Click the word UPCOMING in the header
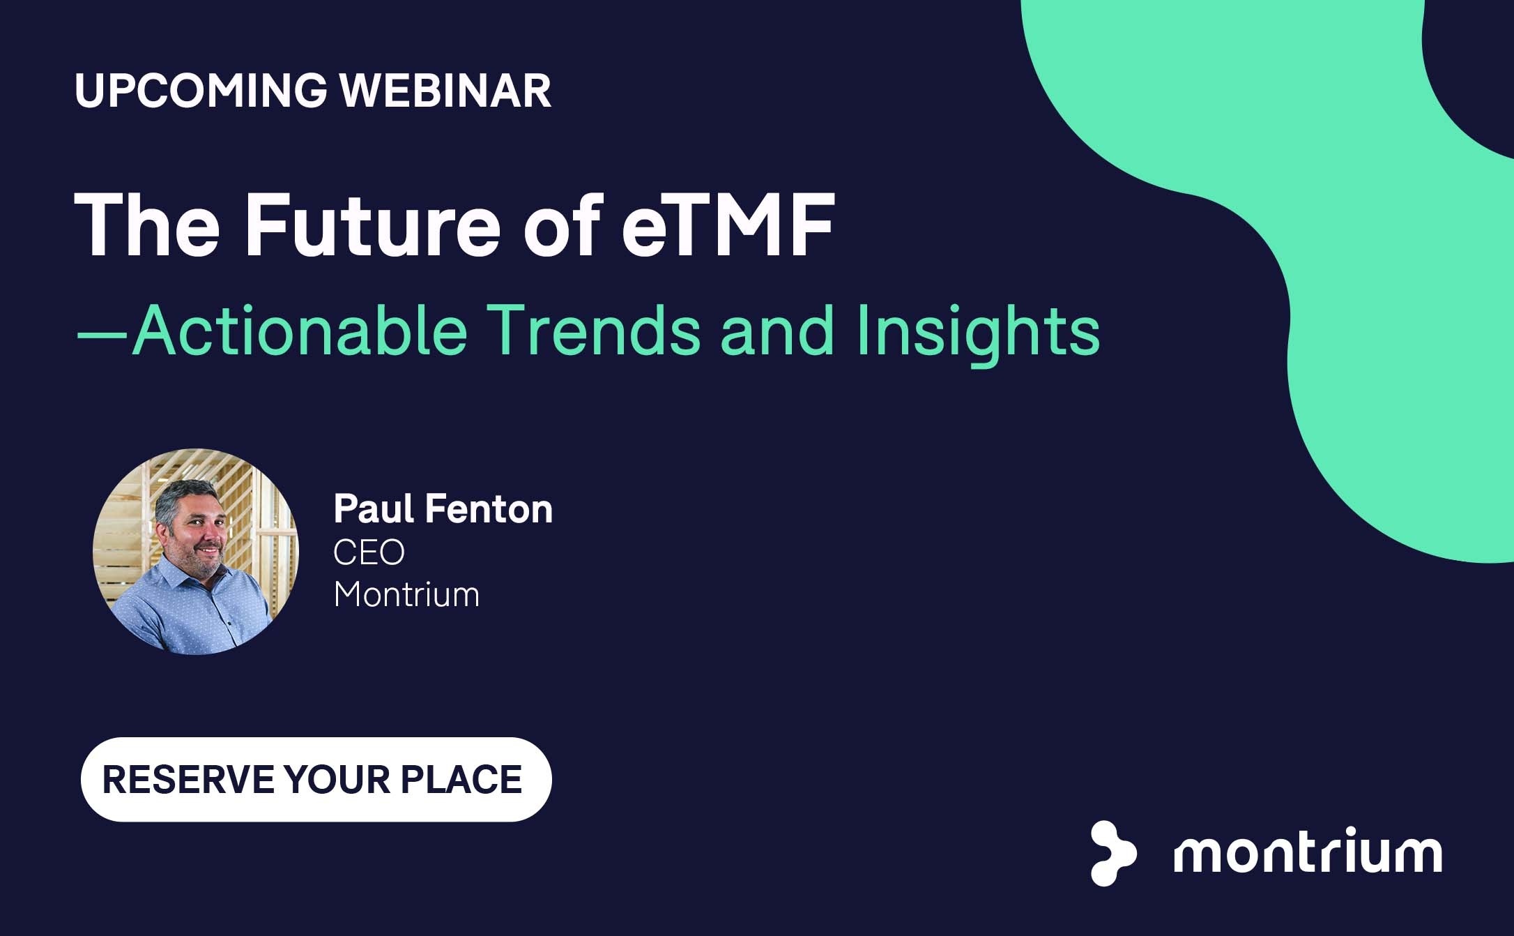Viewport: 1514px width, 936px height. pos(201,90)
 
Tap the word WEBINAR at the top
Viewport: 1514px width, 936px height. pos(446,90)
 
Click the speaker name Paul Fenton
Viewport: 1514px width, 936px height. pos(443,508)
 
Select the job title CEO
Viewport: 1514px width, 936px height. pos(369,552)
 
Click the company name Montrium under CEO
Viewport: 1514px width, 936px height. pos(407,594)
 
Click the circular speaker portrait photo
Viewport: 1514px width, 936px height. pos(196,552)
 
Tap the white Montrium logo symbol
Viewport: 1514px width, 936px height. pos(1113,853)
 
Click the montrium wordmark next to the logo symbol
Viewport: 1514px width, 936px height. pos(1308,850)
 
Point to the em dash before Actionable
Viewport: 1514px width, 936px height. pos(102,334)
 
